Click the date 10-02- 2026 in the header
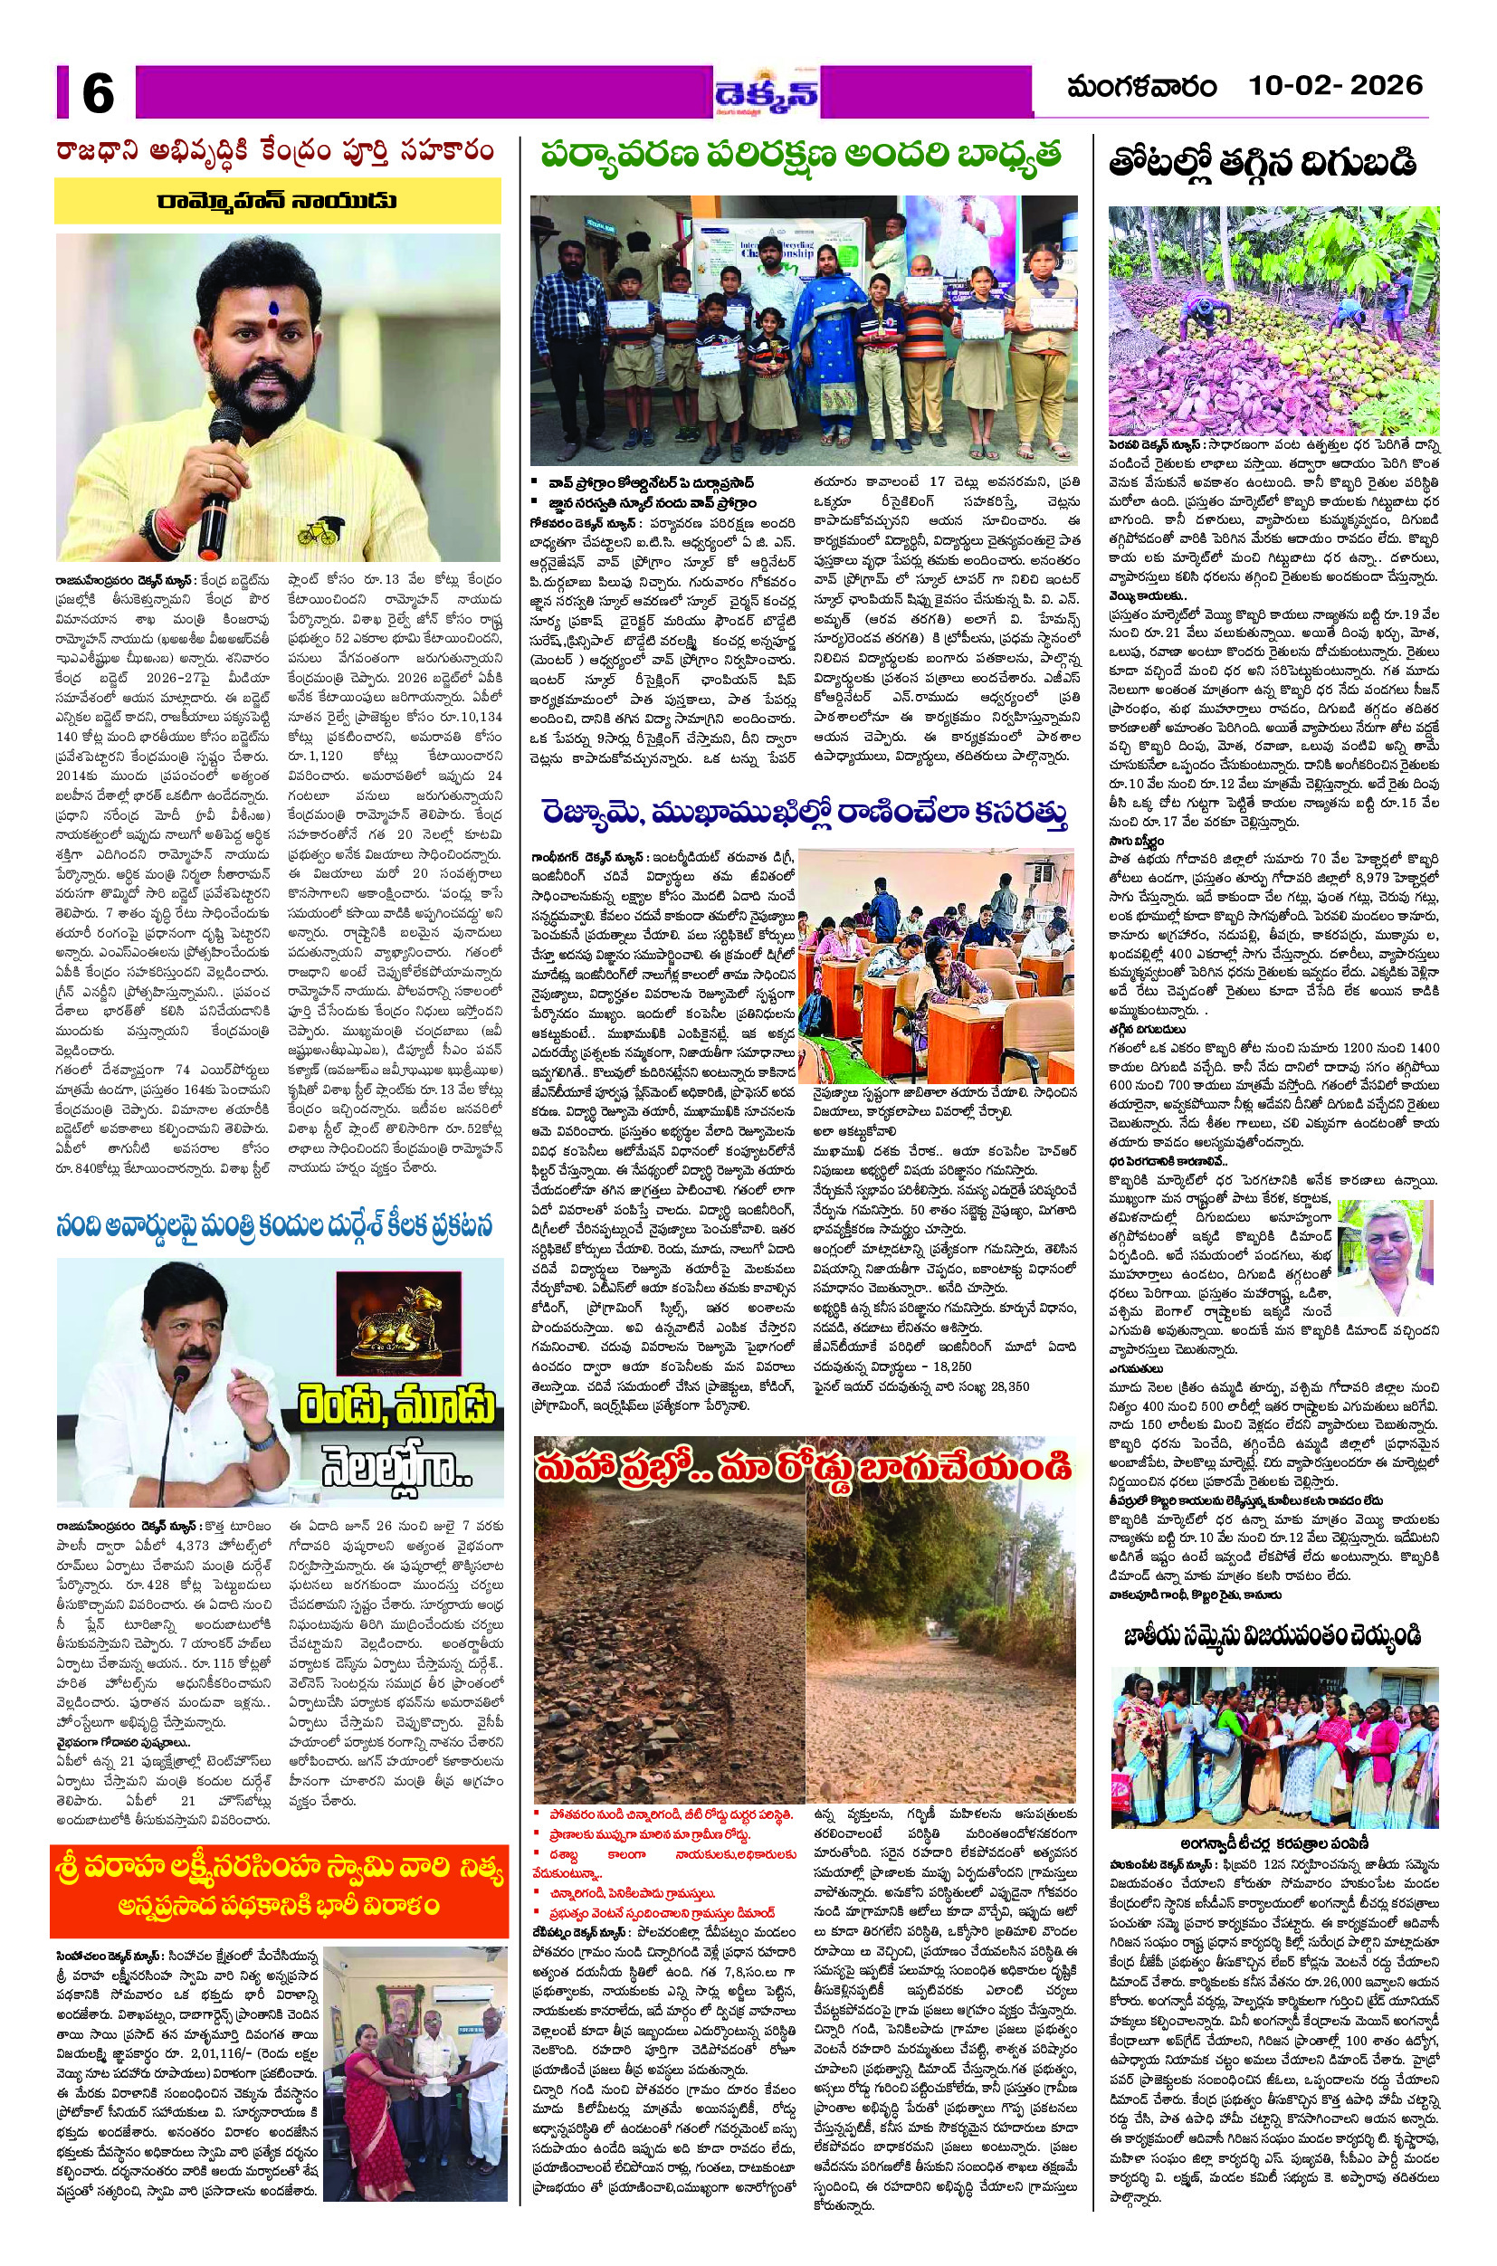[1336, 86]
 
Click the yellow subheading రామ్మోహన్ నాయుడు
[277, 202]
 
